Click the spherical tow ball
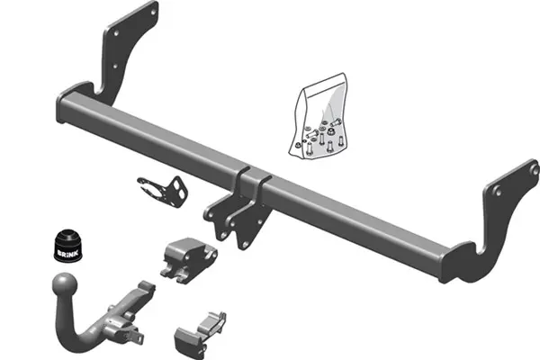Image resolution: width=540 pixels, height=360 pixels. tap(65, 286)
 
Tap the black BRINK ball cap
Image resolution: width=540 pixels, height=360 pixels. tap(68, 247)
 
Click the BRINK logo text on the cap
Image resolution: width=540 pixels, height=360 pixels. tap(67, 254)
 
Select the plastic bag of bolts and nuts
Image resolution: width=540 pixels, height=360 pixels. tap(318, 116)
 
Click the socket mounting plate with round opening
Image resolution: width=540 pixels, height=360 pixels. tap(163, 191)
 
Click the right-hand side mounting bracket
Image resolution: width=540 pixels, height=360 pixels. tap(496, 220)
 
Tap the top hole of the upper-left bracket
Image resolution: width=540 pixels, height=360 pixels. tap(153, 13)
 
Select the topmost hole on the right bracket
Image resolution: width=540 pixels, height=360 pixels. tap(535, 169)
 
